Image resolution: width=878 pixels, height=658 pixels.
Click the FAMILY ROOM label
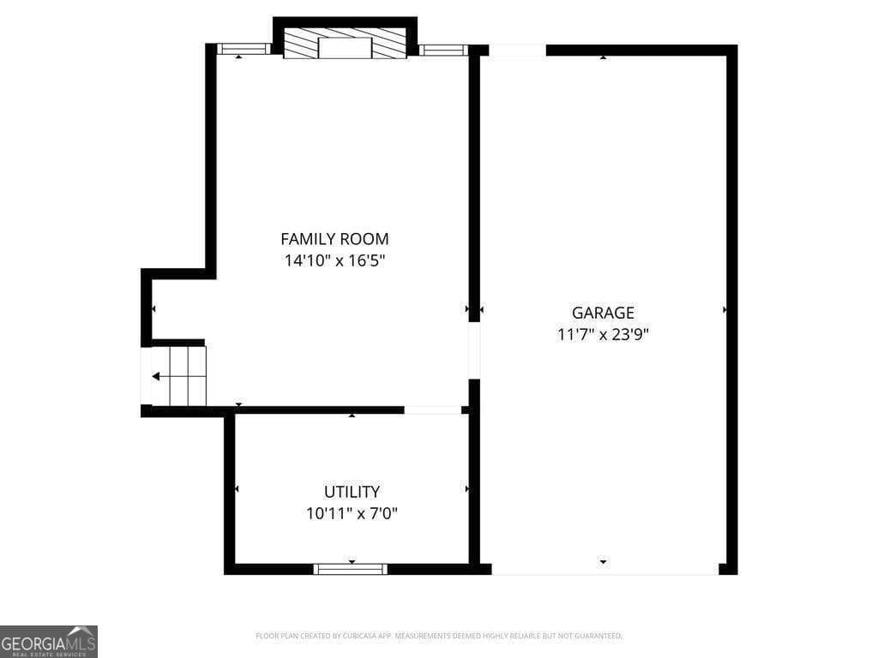coord(334,239)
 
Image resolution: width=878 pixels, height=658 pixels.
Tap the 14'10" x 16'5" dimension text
coord(334,261)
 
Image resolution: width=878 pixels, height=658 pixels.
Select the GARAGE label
coord(603,313)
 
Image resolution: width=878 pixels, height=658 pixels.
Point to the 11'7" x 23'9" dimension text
coord(603,335)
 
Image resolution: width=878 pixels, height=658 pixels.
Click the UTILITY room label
coord(352,492)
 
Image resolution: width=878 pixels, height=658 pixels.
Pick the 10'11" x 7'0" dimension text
coord(352,514)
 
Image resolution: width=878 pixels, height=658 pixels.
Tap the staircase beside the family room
coord(180,375)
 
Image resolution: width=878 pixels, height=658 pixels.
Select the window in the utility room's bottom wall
coord(351,568)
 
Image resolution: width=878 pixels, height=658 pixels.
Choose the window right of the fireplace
coord(443,50)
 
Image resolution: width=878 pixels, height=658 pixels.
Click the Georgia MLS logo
coord(49,641)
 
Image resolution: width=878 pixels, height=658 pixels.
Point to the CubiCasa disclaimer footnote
coord(439,636)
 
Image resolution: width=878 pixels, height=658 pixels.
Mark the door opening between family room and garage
coord(474,350)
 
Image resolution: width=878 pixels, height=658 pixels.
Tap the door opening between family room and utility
coord(433,410)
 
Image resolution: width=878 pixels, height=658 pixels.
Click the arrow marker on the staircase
coord(156,376)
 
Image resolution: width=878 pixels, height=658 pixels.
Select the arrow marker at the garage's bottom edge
coord(603,562)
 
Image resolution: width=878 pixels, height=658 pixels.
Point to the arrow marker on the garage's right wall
coord(725,309)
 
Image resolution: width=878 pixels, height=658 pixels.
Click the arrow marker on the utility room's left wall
coord(237,489)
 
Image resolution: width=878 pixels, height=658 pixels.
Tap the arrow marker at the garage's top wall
coord(603,57)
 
